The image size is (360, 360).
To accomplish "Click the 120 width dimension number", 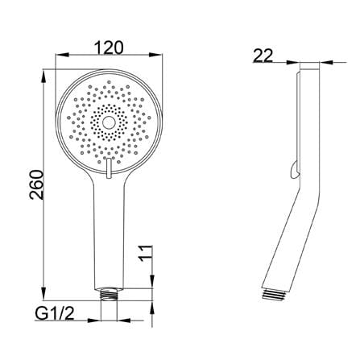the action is pyautogui.click(x=109, y=48).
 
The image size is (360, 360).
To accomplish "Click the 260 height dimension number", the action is pyautogui.click(x=36, y=184).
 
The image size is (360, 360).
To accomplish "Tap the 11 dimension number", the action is pyautogui.click(x=145, y=253).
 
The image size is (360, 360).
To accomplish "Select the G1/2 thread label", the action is pyautogui.click(x=55, y=313).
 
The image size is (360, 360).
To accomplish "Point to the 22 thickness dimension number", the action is pyautogui.click(x=263, y=56).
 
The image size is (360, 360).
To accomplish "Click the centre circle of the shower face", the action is pyautogui.click(x=109, y=122).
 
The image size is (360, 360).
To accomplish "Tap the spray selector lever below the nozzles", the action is pyautogui.click(x=109, y=168).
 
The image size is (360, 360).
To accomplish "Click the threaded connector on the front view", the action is pyautogui.click(x=109, y=294).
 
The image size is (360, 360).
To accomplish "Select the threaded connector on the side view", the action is pyautogui.click(x=273, y=295).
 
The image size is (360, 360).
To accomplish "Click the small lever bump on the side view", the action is pyautogui.click(x=296, y=169).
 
